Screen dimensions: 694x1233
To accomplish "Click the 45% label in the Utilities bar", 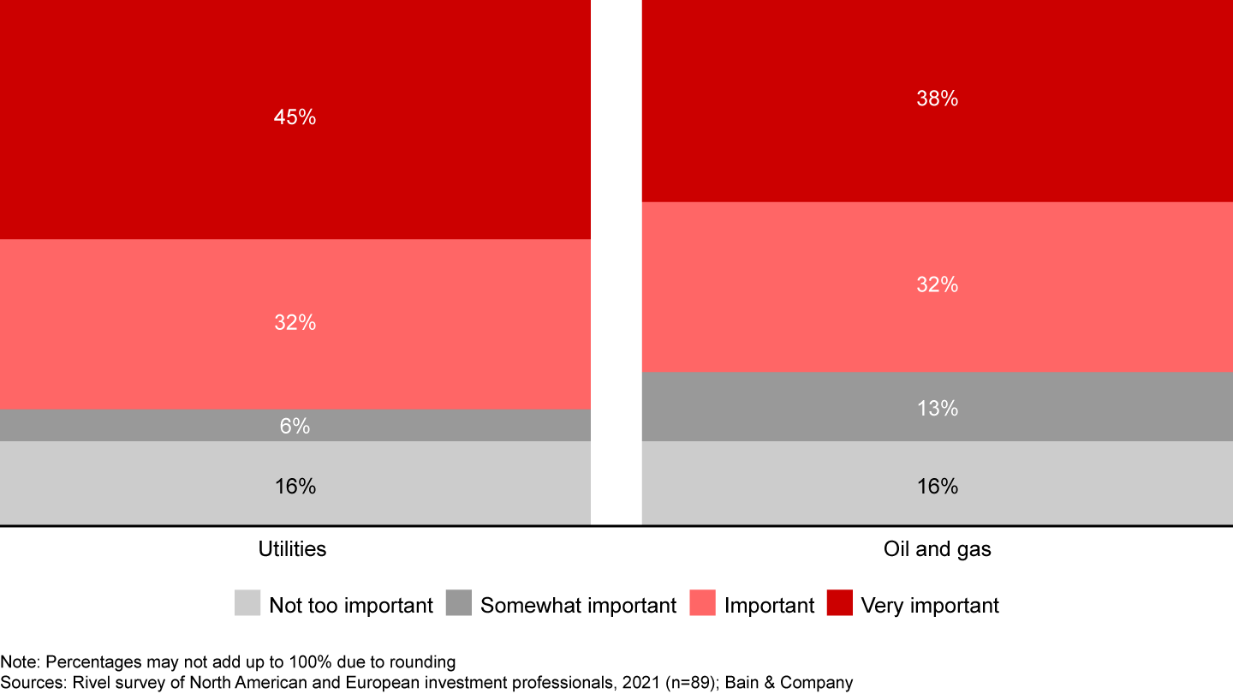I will tap(295, 117).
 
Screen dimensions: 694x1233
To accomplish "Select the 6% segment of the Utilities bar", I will tap(295, 426).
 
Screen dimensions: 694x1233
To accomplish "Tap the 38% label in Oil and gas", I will tap(937, 99).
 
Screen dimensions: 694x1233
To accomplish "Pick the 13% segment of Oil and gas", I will tap(937, 409).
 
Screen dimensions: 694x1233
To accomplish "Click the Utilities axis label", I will tap(292, 549).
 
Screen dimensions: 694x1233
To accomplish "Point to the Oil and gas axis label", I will tap(937, 549).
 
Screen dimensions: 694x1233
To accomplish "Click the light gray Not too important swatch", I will tap(247, 603).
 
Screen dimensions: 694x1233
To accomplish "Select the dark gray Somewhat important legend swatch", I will tap(459, 603).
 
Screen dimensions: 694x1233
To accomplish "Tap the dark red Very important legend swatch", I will tap(840, 603).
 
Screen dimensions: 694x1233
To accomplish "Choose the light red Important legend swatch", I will tap(702, 603).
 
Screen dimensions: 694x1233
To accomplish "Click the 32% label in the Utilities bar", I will tap(295, 323).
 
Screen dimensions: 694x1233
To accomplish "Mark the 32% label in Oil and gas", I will tap(937, 285).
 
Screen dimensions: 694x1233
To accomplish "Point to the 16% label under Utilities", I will tap(295, 487).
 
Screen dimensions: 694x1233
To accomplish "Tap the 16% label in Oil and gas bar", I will tap(937, 487).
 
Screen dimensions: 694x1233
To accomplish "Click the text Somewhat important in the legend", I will tap(578, 606).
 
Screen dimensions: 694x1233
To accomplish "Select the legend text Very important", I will tap(930, 606).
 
